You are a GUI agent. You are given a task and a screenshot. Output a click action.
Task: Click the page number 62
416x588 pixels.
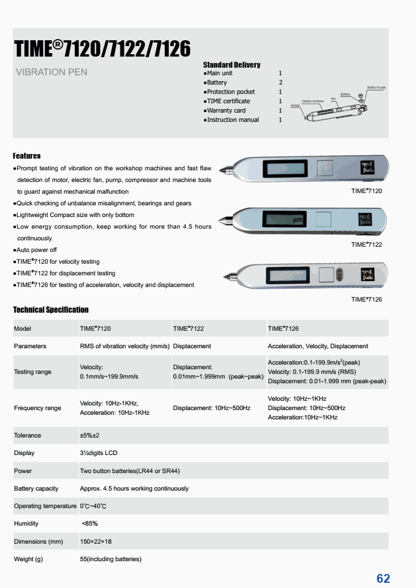tap(383, 578)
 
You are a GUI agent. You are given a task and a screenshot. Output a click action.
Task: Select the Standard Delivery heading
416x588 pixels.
tap(231, 65)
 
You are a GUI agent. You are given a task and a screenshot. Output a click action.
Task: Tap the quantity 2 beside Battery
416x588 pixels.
tap(280, 83)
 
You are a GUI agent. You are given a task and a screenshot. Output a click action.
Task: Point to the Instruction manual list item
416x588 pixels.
tap(233, 120)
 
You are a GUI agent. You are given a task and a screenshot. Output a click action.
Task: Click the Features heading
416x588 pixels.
tap(27, 156)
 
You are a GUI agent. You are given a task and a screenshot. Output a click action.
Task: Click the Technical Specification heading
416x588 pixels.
tap(51, 310)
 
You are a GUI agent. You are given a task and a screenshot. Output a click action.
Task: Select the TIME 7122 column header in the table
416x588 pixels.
tap(188, 328)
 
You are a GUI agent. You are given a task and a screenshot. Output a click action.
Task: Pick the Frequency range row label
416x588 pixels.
tap(37, 408)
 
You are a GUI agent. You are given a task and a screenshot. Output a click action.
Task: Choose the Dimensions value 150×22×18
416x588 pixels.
tap(96, 541)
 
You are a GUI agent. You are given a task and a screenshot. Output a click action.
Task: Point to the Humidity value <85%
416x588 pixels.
tap(90, 523)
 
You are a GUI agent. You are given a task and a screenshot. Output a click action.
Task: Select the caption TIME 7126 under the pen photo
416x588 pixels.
tap(366, 299)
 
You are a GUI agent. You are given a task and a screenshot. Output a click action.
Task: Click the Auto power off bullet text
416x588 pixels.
tap(37, 250)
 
